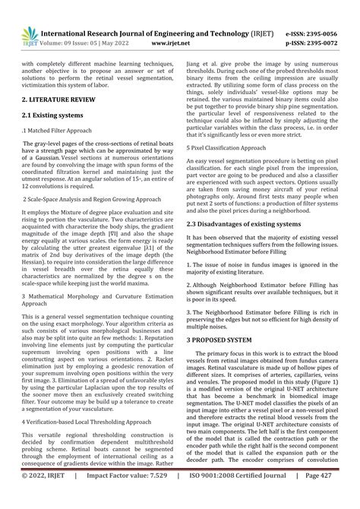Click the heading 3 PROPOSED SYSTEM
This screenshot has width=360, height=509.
[x=227, y=342]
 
